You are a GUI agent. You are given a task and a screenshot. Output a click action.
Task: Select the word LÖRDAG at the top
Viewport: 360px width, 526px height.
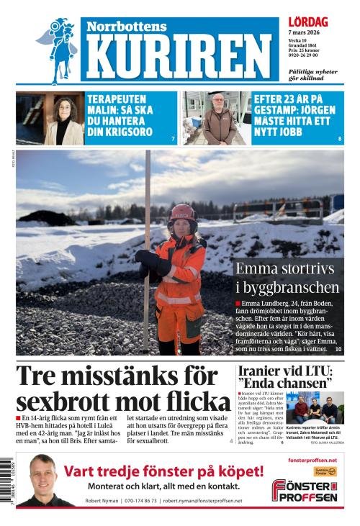point(307,23)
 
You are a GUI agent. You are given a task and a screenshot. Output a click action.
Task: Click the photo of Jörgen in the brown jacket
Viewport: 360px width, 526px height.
point(216,118)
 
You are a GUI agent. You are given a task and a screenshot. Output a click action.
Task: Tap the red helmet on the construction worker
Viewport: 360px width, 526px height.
point(182,214)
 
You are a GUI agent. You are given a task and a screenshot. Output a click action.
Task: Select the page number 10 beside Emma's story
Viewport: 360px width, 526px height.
point(338,349)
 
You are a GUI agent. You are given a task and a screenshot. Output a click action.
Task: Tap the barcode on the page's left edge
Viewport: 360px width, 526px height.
point(6,478)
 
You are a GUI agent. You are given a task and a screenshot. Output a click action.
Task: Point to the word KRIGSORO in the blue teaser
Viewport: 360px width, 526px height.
point(122,132)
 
